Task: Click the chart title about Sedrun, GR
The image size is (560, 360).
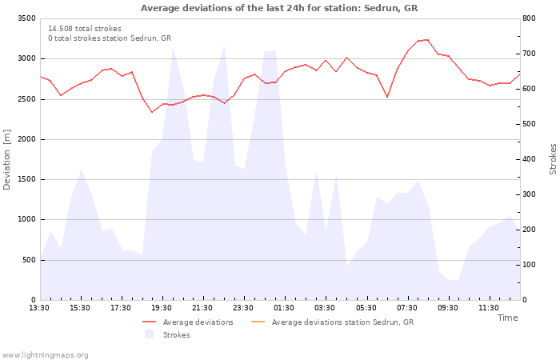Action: pos(279,8)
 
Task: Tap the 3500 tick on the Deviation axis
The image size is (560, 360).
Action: pos(26,18)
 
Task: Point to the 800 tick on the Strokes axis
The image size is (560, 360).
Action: pos(529,18)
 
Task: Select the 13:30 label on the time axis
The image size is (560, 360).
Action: pos(39,308)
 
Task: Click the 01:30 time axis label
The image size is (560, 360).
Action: pos(284,308)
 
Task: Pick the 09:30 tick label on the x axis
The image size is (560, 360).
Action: pos(447,308)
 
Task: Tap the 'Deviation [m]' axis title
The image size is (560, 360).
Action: pos(6,160)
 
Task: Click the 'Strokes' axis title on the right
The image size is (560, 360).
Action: pos(553,159)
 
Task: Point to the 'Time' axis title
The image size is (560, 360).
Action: pos(507,318)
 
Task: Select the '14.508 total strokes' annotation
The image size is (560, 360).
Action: pos(85,29)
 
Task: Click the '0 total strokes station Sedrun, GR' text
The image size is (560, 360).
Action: pos(110,38)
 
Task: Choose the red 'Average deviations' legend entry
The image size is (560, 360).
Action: pos(188,322)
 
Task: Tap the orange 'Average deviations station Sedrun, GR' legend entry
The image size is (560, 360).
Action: pos(333,322)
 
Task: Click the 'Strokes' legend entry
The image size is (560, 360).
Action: pos(167,334)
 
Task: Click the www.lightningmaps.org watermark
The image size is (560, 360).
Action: pos(44,355)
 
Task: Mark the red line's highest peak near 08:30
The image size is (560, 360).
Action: pos(427,40)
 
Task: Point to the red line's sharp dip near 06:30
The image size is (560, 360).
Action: pos(387,97)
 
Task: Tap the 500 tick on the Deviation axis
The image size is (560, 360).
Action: pos(29,260)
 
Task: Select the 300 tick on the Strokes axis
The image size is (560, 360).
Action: pos(529,194)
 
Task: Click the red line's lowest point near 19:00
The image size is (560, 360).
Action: pos(153,112)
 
